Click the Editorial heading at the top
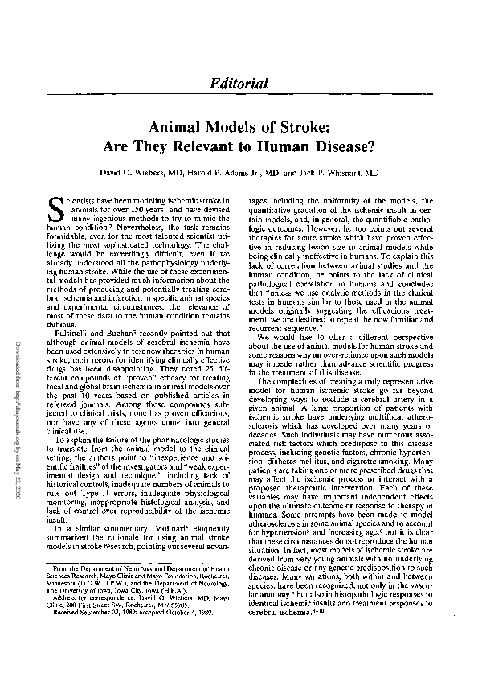coord(239,83)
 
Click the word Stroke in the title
coord(298,127)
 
